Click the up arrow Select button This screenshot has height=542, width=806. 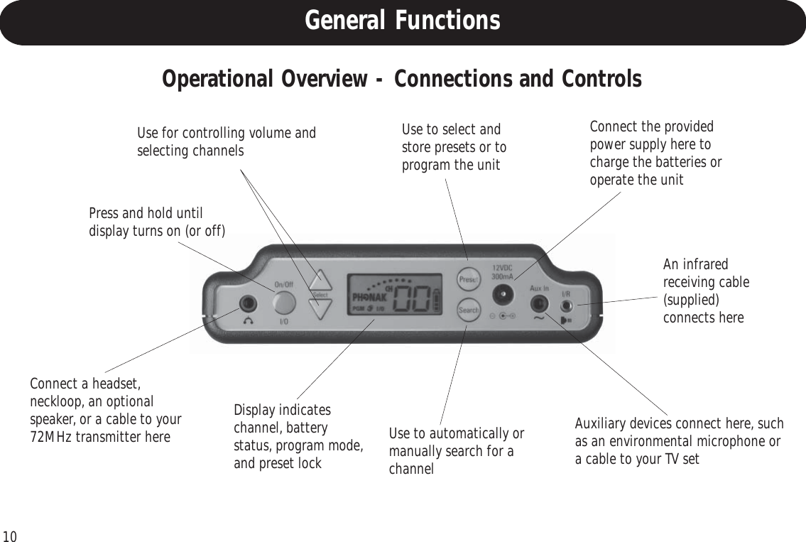(x=321, y=280)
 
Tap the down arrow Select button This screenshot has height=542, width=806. (x=321, y=307)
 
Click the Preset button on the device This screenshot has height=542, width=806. (x=467, y=279)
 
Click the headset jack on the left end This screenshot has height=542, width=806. (x=247, y=303)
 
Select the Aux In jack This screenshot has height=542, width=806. (x=539, y=304)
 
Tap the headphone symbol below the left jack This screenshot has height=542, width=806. (x=247, y=320)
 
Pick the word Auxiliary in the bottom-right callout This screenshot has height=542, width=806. (x=602, y=425)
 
